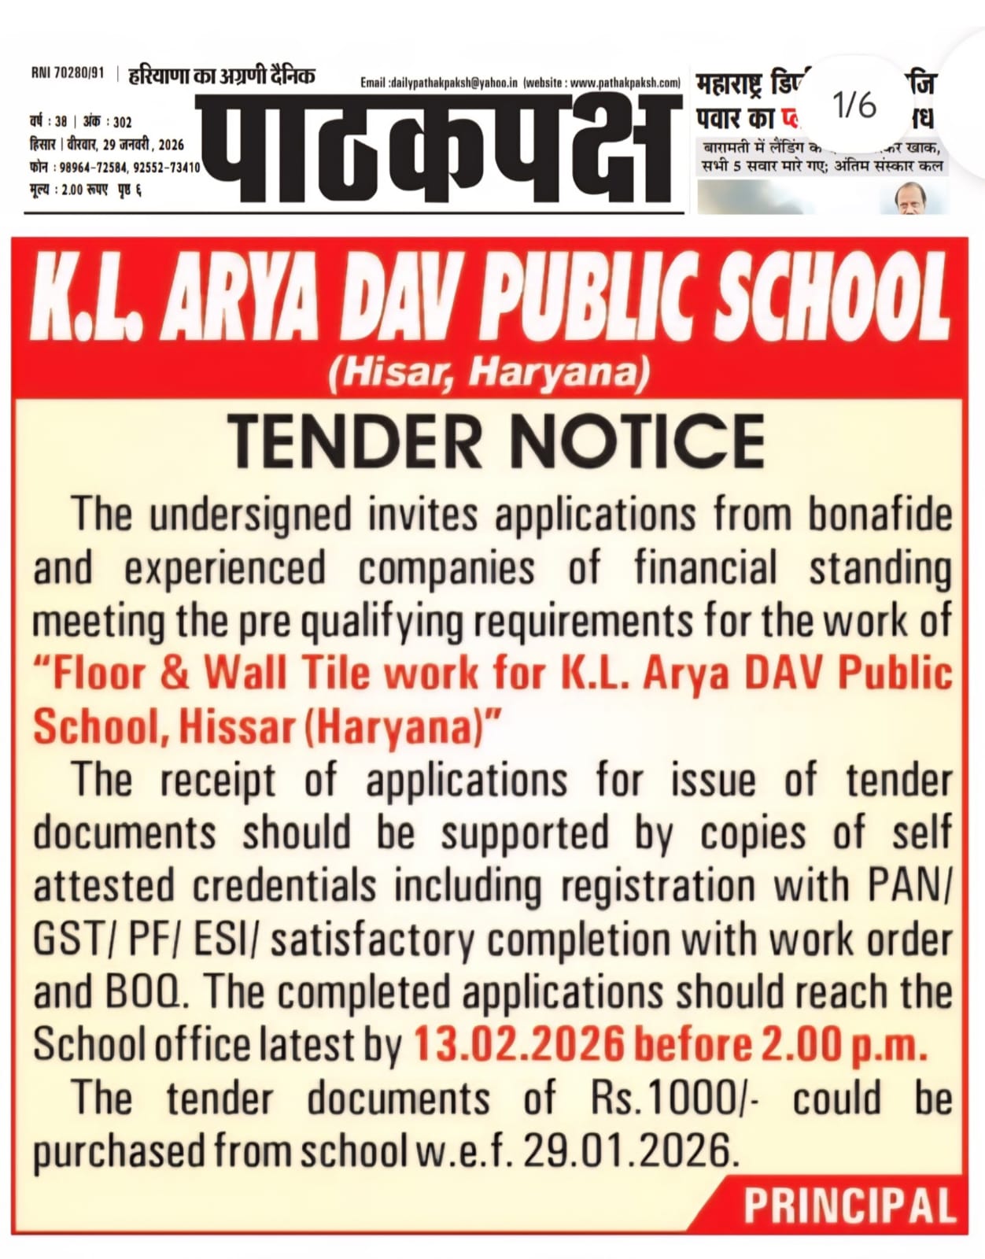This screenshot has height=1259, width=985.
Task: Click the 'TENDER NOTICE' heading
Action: pyautogui.click(x=496, y=441)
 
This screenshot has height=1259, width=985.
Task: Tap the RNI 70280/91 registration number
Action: pyautogui.click(x=68, y=73)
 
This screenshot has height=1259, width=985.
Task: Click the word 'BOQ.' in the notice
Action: pyautogui.click(x=146, y=993)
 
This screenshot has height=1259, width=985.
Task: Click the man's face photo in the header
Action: pyautogui.click(x=913, y=198)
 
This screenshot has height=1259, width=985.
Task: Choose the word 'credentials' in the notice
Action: pyautogui.click(x=284, y=887)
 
